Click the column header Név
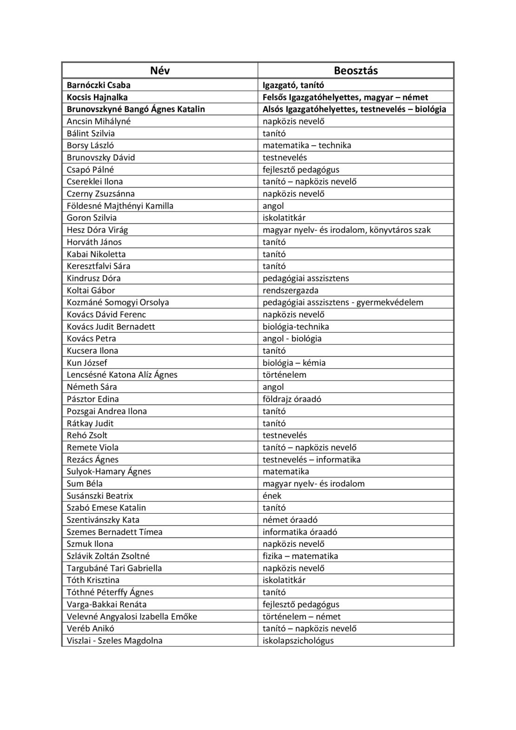[160, 71]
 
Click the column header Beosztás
[356, 71]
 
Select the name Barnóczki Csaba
[99, 85]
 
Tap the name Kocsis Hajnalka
[97, 97]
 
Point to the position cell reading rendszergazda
[291, 290]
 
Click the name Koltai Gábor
[91, 290]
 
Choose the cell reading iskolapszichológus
[298, 640]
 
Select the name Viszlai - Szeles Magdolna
[114, 640]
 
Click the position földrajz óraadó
[292, 399]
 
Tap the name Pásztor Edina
[93, 399]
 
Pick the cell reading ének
[272, 496]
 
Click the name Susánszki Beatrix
[100, 496]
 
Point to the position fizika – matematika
[300, 556]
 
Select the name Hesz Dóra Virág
[97, 230]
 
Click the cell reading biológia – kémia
[294, 363]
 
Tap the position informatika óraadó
[300, 531]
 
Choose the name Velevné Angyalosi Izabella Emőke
[132, 616]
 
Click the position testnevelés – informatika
[311, 459]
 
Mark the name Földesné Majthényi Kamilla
[120, 206]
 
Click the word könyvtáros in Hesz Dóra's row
[390, 230]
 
